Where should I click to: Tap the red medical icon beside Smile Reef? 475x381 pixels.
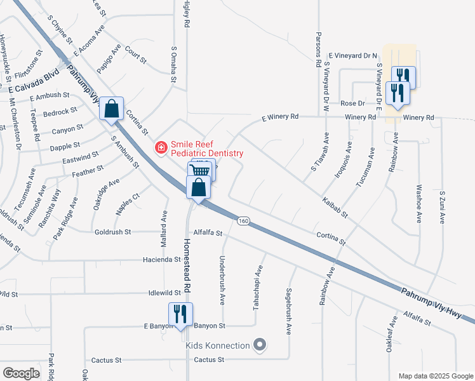161,148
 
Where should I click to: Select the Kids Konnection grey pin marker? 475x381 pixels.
259,345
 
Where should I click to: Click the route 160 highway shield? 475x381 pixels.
243,220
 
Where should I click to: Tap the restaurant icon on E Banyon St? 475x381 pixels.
180,314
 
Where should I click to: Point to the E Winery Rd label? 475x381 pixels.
280,117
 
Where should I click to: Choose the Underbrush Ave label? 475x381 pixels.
222,277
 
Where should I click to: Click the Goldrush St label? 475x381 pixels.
113,232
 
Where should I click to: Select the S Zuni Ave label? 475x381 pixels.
441,206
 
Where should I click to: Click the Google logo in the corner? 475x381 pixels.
21,373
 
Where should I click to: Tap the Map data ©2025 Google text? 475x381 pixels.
435,376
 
